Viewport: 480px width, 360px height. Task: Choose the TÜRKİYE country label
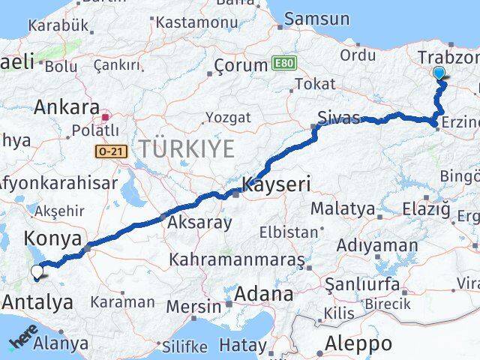[184, 148]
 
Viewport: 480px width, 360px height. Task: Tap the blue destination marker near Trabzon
[439, 73]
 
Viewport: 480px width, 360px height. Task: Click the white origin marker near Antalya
[37, 273]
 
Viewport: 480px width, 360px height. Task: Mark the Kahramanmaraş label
[237, 259]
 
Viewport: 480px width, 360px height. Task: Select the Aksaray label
[200, 222]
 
